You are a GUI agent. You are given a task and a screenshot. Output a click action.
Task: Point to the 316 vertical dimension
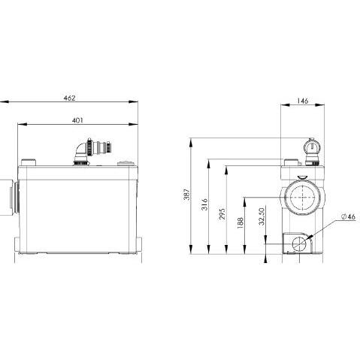pyautogui.click(x=205, y=204)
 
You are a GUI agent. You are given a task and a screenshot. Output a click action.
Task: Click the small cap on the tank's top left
pyautogui.click(x=29, y=161)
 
